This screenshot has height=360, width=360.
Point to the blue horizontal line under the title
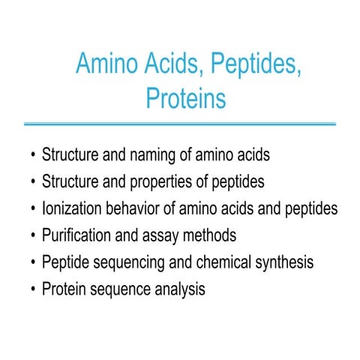(x=180, y=123)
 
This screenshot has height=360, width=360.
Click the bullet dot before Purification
(x=32, y=236)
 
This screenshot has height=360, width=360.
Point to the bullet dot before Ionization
(x=32, y=209)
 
